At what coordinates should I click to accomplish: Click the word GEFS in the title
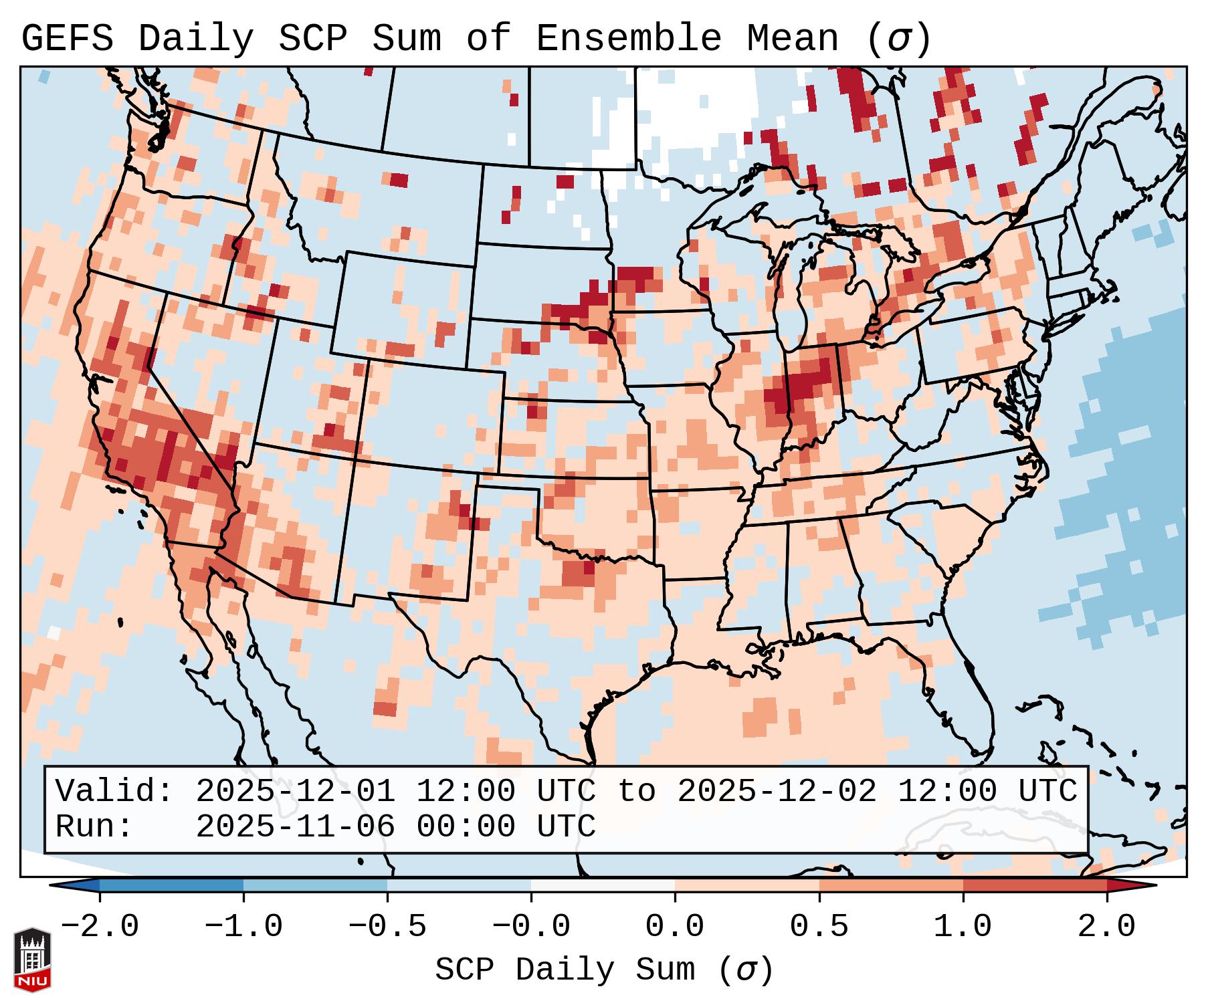pyautogui.click(x=67, y=39)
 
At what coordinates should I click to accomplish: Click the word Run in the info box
pyautogui.click(x=86, y=827)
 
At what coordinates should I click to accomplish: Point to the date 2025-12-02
pyautogui.click(x=777, y=792)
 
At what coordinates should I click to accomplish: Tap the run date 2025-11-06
pyautogui.click(x=295, y=827)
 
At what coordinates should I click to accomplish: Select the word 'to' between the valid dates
pyautogui.click(x=636, y=792)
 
